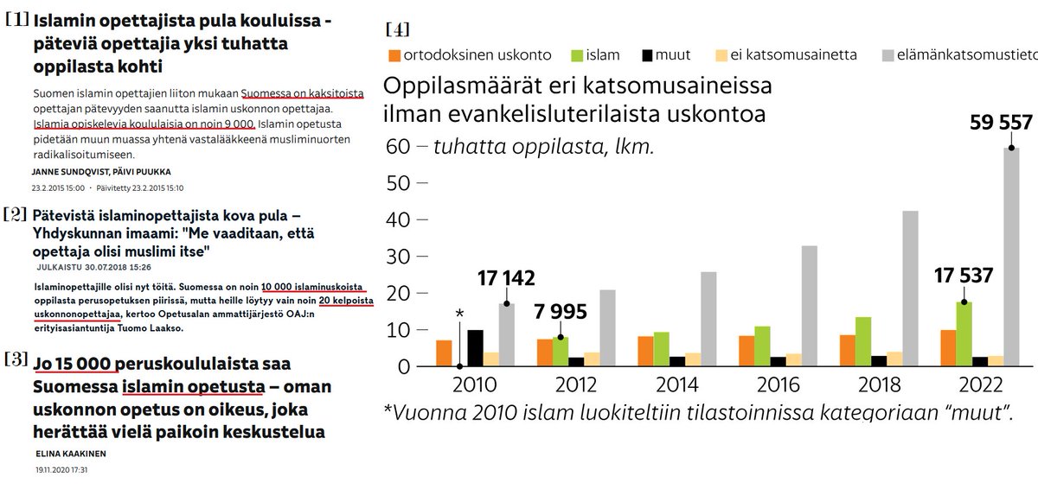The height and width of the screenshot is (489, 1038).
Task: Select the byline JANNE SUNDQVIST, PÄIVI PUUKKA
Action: click(100, 171)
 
